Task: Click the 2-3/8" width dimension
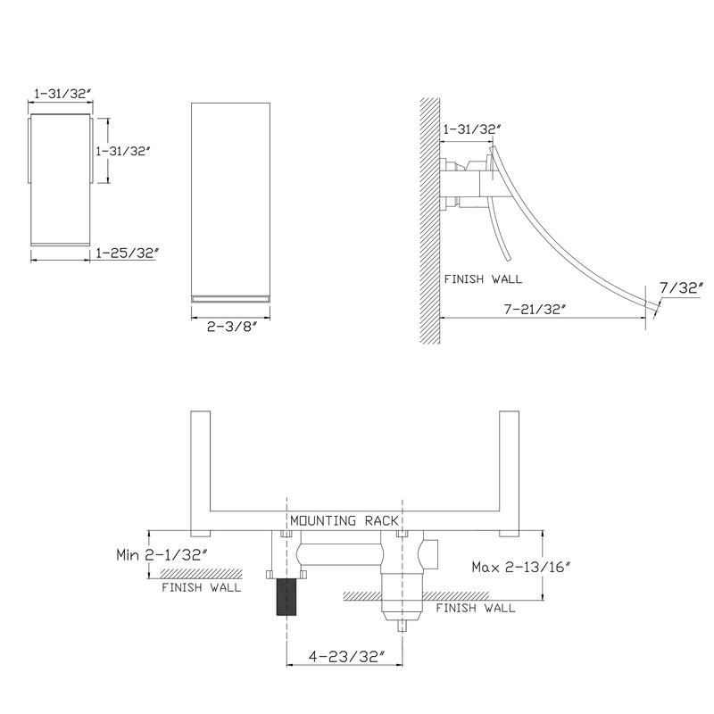(x=232, y=327)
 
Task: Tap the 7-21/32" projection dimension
(x=535, y=309)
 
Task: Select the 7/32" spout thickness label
(x=681, y=287)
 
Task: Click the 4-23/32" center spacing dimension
(x=347, y=657)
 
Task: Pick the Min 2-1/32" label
(x=162, y=554)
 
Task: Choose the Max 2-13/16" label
(x=521, y=567)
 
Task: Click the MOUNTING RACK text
(x=345, y=520)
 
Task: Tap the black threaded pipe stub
(x=286, y=597)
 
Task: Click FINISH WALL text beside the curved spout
(x=483, y=279)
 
